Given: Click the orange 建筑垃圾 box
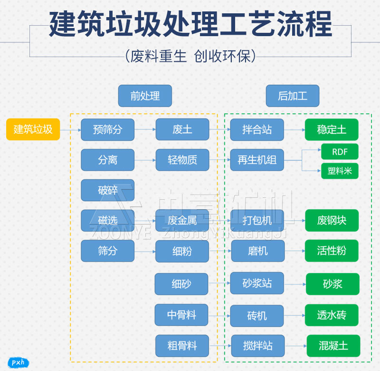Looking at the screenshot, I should pos(33,129).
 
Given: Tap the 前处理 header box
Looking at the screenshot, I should pos(145,96).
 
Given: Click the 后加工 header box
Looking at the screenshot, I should pos(293,96).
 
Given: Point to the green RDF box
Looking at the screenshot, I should pos(340,152).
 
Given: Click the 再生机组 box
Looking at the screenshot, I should pos(257,160).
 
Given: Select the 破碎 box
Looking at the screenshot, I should pos(108,190).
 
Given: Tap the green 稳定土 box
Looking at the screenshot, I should pos(332,129).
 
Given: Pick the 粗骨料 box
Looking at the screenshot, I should pos(182,346).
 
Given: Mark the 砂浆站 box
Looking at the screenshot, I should pos(257,283).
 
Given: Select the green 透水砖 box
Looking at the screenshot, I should pos(332,315).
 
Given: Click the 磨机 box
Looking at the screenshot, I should pos(258,251).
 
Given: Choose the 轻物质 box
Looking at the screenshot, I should pos(182,160).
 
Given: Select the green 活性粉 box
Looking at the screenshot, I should pos(332,251).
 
